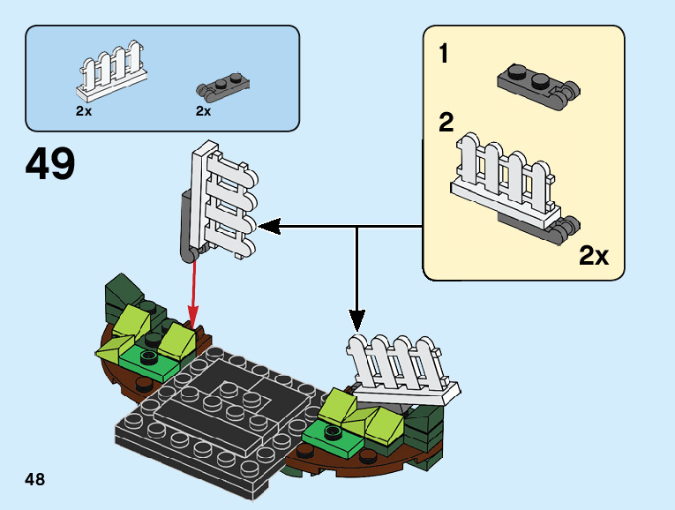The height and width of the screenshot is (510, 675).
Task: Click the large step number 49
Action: click(x=50, y=164)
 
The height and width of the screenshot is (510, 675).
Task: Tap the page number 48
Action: click(x=35, y=479)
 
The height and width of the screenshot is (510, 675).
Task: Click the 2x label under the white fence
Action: click(x=84, y=111)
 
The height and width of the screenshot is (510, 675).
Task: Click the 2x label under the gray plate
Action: click(x=204, y=111)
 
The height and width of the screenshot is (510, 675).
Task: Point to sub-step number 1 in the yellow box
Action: click(x=444, y=55)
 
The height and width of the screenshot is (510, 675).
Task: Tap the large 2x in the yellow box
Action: click(x=593, y=257)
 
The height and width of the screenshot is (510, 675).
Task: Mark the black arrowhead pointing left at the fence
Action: click(x=267, y=227)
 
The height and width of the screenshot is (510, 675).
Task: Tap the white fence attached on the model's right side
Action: click(x=401, y=366)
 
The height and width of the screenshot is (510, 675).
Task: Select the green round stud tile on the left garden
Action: click(x=148, y=357)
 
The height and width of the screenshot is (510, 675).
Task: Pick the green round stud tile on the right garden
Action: click(x=333, y=431)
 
